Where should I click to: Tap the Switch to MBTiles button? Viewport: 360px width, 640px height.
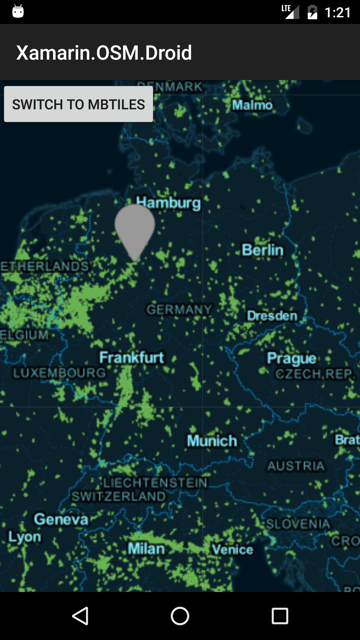[x=78, y=104]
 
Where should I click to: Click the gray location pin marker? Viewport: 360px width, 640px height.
[x=135, y=228]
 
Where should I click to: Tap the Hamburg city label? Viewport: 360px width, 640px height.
[x=169, y=203]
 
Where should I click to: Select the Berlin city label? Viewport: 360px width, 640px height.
[x=263, y=250]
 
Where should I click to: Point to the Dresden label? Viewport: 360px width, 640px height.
[x=272, y=316]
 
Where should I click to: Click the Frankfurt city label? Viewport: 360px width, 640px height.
[x=132, y=358]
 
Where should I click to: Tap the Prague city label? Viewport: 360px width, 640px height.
[x=292, y=358]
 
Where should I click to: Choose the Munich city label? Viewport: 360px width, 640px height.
[x=212, y=441]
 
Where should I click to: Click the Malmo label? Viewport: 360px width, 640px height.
[x=252, y=105]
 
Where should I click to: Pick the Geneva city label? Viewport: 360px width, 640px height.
[x=61, y=519]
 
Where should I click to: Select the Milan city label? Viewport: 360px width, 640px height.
[x=146, y=549]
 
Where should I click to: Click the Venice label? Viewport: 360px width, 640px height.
[x=233, y=550]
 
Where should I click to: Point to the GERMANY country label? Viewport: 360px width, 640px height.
[x=179, y=310]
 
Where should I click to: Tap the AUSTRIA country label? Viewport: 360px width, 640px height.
[x=296, y=466]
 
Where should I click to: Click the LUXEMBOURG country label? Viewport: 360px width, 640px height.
[x=59, y=373]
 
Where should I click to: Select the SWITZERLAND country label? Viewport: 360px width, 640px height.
[x=119, y=496]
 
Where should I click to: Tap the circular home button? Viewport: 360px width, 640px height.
[x=180, y=616]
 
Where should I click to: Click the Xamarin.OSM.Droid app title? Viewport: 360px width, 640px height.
[x=104, y=53]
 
